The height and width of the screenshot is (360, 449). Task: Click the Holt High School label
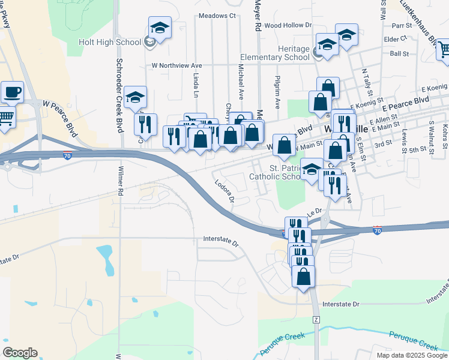(x=110, y=42)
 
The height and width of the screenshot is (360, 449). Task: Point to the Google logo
(x=20, y=353)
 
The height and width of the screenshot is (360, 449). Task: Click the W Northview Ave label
(x=176, y=65)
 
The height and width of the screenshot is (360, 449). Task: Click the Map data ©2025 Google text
(x=412, y=355)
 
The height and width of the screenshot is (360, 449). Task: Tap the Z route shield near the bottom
(x=316, y=319)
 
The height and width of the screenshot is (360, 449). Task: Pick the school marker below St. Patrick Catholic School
(x=311, y=170)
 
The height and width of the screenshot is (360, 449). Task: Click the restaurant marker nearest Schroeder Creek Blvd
(x=145, y=124)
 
